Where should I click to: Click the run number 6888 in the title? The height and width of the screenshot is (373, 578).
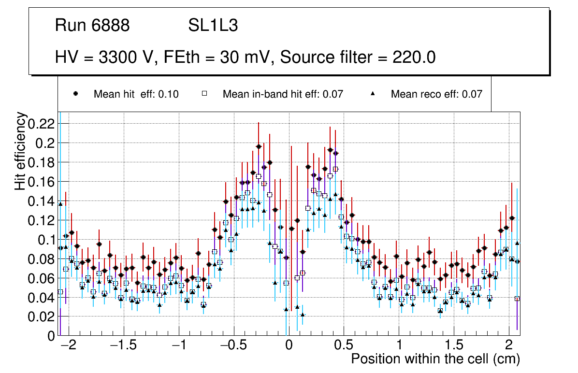pos(111,26)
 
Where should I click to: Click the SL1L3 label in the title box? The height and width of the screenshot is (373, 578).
pos(213,26)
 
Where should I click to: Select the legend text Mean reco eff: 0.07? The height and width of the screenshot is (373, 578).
pos(436,94)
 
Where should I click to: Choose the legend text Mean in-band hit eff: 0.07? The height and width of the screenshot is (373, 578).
pos(283,94)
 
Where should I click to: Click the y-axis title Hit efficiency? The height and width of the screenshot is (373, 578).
pos(21,151)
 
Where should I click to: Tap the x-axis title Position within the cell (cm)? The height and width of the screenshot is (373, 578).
pos(435,359)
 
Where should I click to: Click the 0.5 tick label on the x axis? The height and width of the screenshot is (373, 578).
pos(344,346)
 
